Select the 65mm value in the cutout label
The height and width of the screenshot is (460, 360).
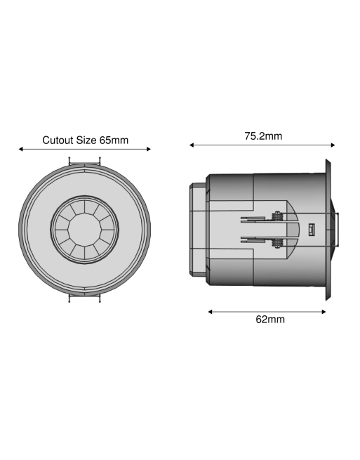[114, 140]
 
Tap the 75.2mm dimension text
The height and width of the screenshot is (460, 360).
[263, 136]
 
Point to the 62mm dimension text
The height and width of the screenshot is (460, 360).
[269, 320]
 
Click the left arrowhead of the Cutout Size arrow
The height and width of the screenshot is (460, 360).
[22, 149]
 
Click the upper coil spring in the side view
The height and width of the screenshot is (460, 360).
[279, 217]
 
